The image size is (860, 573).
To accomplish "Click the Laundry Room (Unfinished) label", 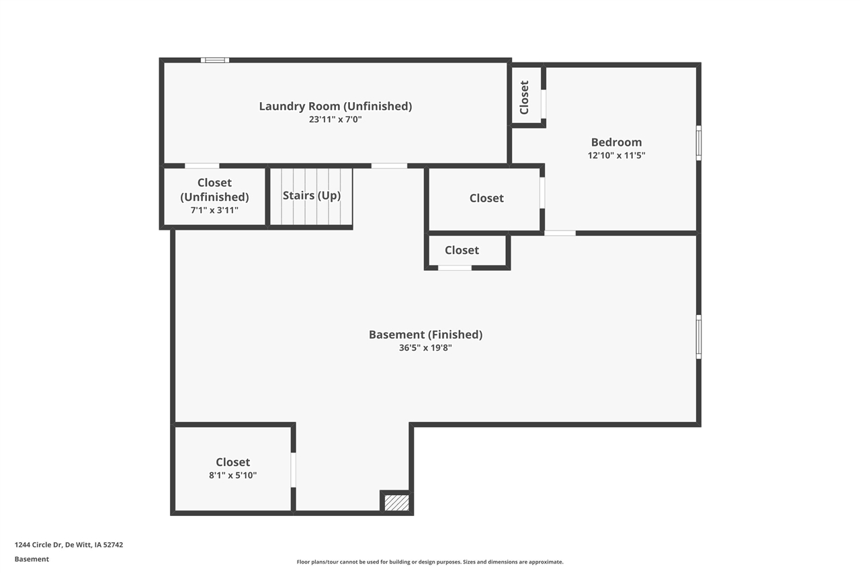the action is pos(335,106).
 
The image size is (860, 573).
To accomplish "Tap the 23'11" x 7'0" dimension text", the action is pos(335,120).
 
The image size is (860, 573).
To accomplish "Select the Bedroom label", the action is pos(616,142).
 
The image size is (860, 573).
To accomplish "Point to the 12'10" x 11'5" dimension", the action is pos(616,155).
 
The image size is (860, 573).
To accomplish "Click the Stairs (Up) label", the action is pos(311,195).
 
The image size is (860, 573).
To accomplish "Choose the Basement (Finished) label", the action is pos(425,335).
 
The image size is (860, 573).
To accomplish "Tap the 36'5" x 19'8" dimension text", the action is pos(425,348).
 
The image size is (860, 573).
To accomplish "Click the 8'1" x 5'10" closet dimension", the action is pos(232,475).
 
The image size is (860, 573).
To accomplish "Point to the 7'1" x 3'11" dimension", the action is pos(214,210).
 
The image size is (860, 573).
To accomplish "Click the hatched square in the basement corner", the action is pos(396,502).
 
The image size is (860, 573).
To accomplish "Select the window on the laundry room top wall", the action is pos(215,60).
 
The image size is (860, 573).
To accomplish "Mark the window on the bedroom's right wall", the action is pos(699,143).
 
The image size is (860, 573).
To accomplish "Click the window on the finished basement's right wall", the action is pos(699,337).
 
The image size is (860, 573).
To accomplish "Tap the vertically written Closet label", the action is pos(524,97).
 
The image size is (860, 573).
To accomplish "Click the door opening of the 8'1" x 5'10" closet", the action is pos(294,470).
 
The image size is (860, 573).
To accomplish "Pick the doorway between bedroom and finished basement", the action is pos(560,233).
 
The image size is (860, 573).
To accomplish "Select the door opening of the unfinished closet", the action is pos(202,166).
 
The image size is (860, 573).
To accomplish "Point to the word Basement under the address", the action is pos(32,559).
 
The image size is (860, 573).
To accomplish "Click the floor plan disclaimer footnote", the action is pos(430,562).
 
